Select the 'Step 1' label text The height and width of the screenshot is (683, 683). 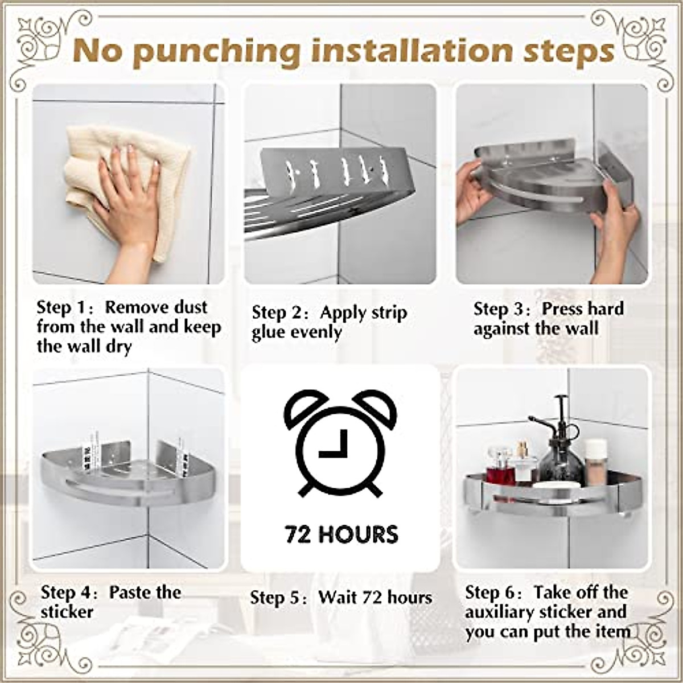tap(60, 308)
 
